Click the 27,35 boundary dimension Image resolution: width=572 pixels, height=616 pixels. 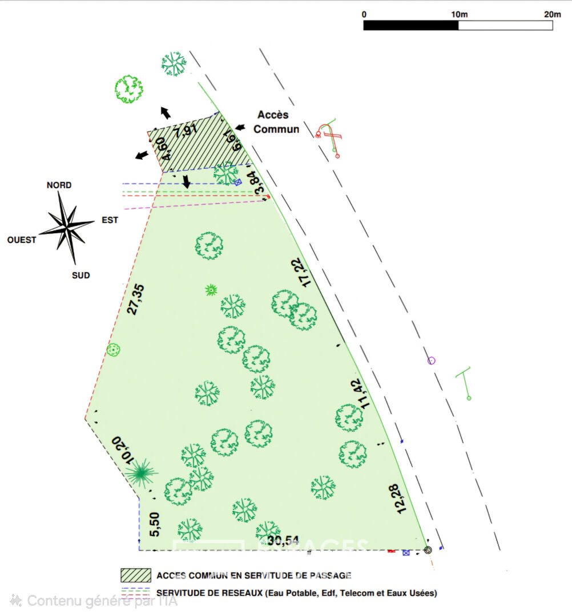point(136,299)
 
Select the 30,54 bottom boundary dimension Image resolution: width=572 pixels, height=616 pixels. point(285,540)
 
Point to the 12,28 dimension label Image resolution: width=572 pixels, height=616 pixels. point(402,499)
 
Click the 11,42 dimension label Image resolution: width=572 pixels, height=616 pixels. point(358,394)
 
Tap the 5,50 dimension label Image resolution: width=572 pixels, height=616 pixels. point(154,524)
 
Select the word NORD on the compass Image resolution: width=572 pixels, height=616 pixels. point(59,185)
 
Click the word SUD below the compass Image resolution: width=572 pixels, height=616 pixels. point(80,275)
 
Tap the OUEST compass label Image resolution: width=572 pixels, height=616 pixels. point(22,240)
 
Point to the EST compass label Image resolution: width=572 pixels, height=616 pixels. point(110,220)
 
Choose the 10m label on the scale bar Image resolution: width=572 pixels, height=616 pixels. point(459,14)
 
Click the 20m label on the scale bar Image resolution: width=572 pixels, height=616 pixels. point(552,14)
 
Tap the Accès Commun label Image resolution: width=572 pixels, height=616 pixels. point(276,122)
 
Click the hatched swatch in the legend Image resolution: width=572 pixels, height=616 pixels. point(136,575)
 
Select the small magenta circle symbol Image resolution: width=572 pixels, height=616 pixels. point(432,360)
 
